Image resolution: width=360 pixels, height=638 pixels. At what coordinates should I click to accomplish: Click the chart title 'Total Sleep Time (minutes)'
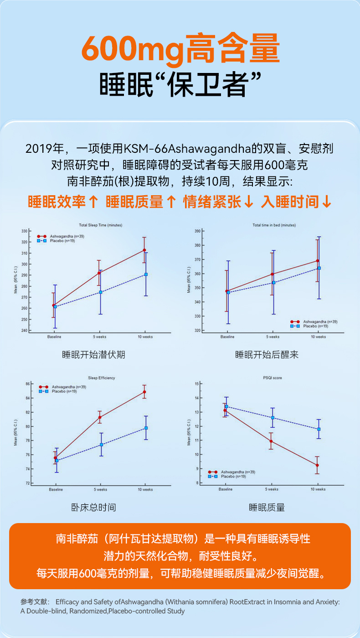pos(100,225)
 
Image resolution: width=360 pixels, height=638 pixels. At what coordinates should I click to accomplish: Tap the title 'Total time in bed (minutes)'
pos(274,225)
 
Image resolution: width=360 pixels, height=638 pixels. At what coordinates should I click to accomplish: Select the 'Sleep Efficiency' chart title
pos(101,378)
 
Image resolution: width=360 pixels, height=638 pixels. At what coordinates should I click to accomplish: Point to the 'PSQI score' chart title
pos(273,378)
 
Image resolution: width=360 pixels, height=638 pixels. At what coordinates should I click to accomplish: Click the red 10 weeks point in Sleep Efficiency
pos(144,392)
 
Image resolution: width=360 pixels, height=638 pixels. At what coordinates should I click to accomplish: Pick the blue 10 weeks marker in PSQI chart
pos(319,429)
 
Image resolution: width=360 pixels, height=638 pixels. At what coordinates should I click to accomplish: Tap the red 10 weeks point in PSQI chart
pos(317,465)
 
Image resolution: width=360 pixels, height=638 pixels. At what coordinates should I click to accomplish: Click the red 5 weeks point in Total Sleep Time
pos(99,273)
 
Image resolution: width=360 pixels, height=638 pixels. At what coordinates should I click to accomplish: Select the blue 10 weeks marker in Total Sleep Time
pos(146,275)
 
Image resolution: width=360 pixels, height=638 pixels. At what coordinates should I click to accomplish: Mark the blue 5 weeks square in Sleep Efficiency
pos(101,445)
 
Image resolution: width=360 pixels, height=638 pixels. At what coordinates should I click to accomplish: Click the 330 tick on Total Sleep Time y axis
pos(24,231)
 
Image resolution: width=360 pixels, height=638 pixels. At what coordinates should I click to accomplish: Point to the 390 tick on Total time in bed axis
pos(197,231)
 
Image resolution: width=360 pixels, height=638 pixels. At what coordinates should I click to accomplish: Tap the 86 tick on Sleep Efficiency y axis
pos(27,384)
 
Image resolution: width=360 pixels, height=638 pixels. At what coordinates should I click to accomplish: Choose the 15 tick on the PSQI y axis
pos(196,384)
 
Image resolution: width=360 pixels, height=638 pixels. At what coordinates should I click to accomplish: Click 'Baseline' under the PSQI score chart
pos(225,489)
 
